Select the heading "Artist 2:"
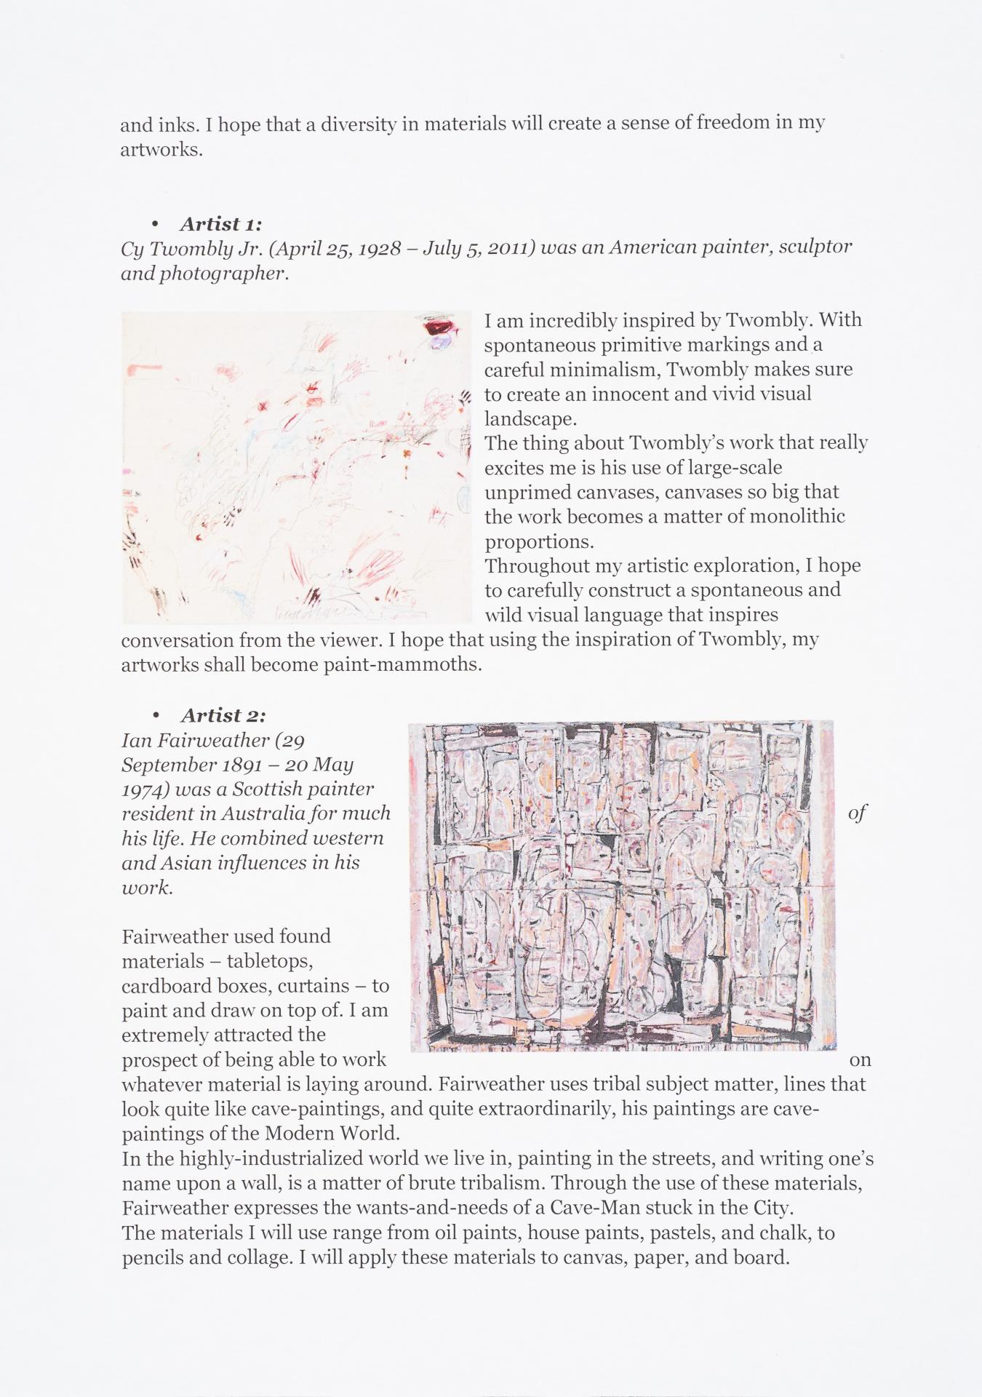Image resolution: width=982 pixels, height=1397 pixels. coord(223,715)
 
